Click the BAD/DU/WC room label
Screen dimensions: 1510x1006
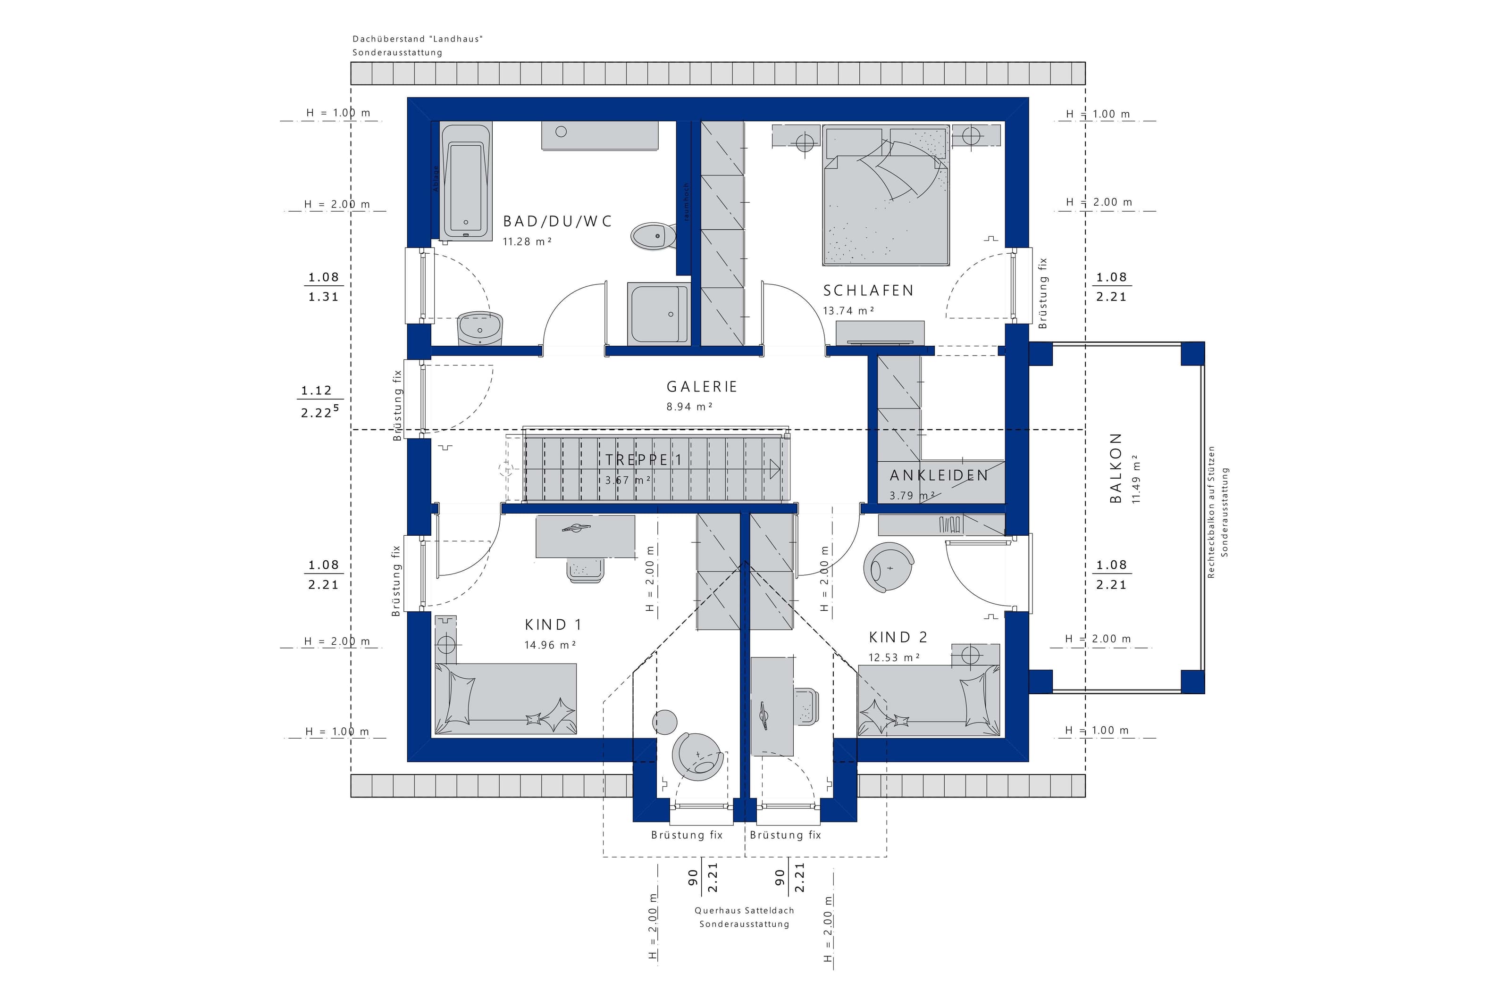(x=557, y=221)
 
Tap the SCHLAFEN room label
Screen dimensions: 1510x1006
(x=868, y=291)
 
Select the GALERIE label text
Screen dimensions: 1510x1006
(x=701, y=387)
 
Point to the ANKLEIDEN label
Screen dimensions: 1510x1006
(x=938, y=475)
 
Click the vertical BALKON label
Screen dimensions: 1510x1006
(x=1116, y=468)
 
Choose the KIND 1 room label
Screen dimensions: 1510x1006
(x=553, y=624)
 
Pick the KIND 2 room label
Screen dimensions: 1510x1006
(x=898, y=637)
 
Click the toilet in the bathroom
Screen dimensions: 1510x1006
(x=653, y=236)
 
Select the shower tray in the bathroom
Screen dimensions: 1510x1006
(x=659, y=313)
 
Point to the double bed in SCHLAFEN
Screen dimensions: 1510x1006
(x=886, y=195)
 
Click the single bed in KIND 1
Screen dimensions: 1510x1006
(x=505, y=698)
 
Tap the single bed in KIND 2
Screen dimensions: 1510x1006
(x=929, y=700)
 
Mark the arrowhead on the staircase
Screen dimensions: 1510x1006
(x=774, y=469)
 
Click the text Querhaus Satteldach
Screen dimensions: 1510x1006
(x=745, y=910)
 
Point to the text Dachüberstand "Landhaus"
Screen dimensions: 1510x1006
(x=417, y=39)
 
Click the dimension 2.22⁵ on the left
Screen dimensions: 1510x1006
(x=319, y=412)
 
